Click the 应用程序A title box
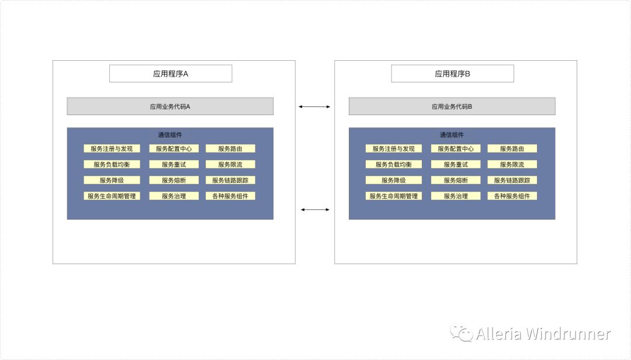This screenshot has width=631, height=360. [x=171, y=74]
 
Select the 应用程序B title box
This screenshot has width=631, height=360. [x=452, y=74]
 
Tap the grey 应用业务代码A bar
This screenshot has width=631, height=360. [x=170, y=106]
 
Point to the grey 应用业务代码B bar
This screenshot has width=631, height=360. [x=452, y=106]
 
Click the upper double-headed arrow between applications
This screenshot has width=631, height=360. [x=314, y=106]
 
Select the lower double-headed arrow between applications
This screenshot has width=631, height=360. [x=314, y=209]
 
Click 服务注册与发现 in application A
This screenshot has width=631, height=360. [x=112, y=149]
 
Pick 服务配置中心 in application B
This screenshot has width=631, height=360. [x=456, y=149]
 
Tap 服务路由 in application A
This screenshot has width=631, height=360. [x=230, y=149]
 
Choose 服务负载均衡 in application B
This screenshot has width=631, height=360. [x=394, y=165]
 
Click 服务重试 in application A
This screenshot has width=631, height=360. [x=174, y=165]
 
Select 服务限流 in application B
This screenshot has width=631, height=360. [x=512, y=165]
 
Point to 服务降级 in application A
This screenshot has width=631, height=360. [x=112, y=181]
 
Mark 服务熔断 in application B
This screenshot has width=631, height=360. [x=456, y=181]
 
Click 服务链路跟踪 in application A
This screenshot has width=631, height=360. [x=230, y=181]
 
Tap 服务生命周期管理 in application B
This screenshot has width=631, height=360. [x=394, y=196]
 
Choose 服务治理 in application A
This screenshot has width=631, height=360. [x=174, y=196]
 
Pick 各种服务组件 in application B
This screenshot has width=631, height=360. [x=512, y=196]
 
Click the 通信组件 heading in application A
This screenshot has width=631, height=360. [x=170, y=135]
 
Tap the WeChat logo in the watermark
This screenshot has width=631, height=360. [x=465, y=334]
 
